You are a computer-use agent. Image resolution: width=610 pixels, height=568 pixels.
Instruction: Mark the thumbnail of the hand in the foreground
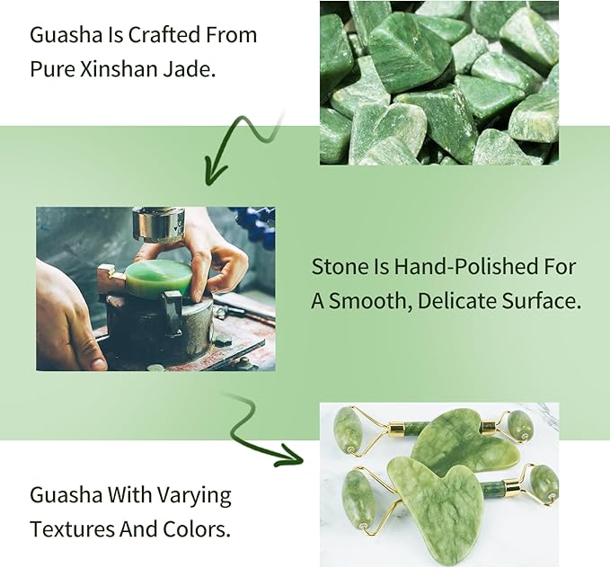[x=91, y=357]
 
